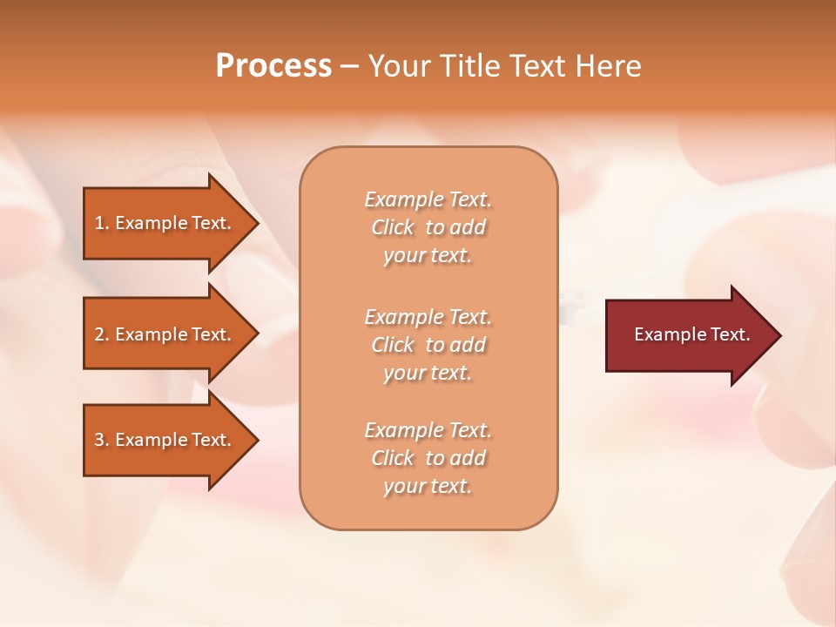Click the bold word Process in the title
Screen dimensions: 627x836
[x=273, y=66]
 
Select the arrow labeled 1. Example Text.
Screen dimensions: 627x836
[x=165, y=223]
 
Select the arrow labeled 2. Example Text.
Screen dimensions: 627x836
[x=165, y=334]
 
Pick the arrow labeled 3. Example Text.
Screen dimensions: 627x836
[x=165, y=440]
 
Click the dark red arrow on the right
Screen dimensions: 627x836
[x=688, y=335]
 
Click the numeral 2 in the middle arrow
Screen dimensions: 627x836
[x=99, y=334]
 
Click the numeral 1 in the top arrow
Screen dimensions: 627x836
[x=99, y=223]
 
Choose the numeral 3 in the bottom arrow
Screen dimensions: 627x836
[x=99, y=440]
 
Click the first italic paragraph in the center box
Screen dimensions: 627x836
[x=428, y=227]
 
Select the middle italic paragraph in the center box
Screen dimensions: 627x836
[x=428, y=345]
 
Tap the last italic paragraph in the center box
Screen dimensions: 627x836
[x=428, y=458]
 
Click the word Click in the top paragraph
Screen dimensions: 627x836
[x=393, y=227]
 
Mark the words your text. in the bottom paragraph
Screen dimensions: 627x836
[x=428, y=486]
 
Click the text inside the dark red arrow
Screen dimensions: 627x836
[x=691, y=334]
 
